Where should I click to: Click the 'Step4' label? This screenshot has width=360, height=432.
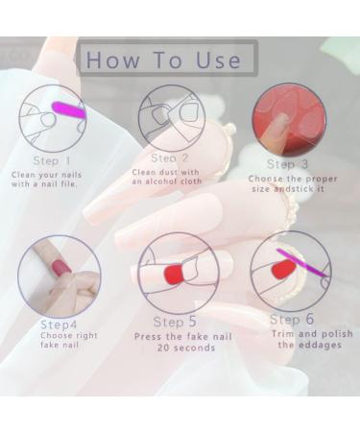(58, 324)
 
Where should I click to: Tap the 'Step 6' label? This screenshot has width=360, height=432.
(291, 320)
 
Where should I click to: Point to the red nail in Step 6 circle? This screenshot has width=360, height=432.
(281, 271)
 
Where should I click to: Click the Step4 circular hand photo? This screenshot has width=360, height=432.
(60, 276)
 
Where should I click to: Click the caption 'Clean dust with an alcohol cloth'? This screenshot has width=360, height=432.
(169, 177)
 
